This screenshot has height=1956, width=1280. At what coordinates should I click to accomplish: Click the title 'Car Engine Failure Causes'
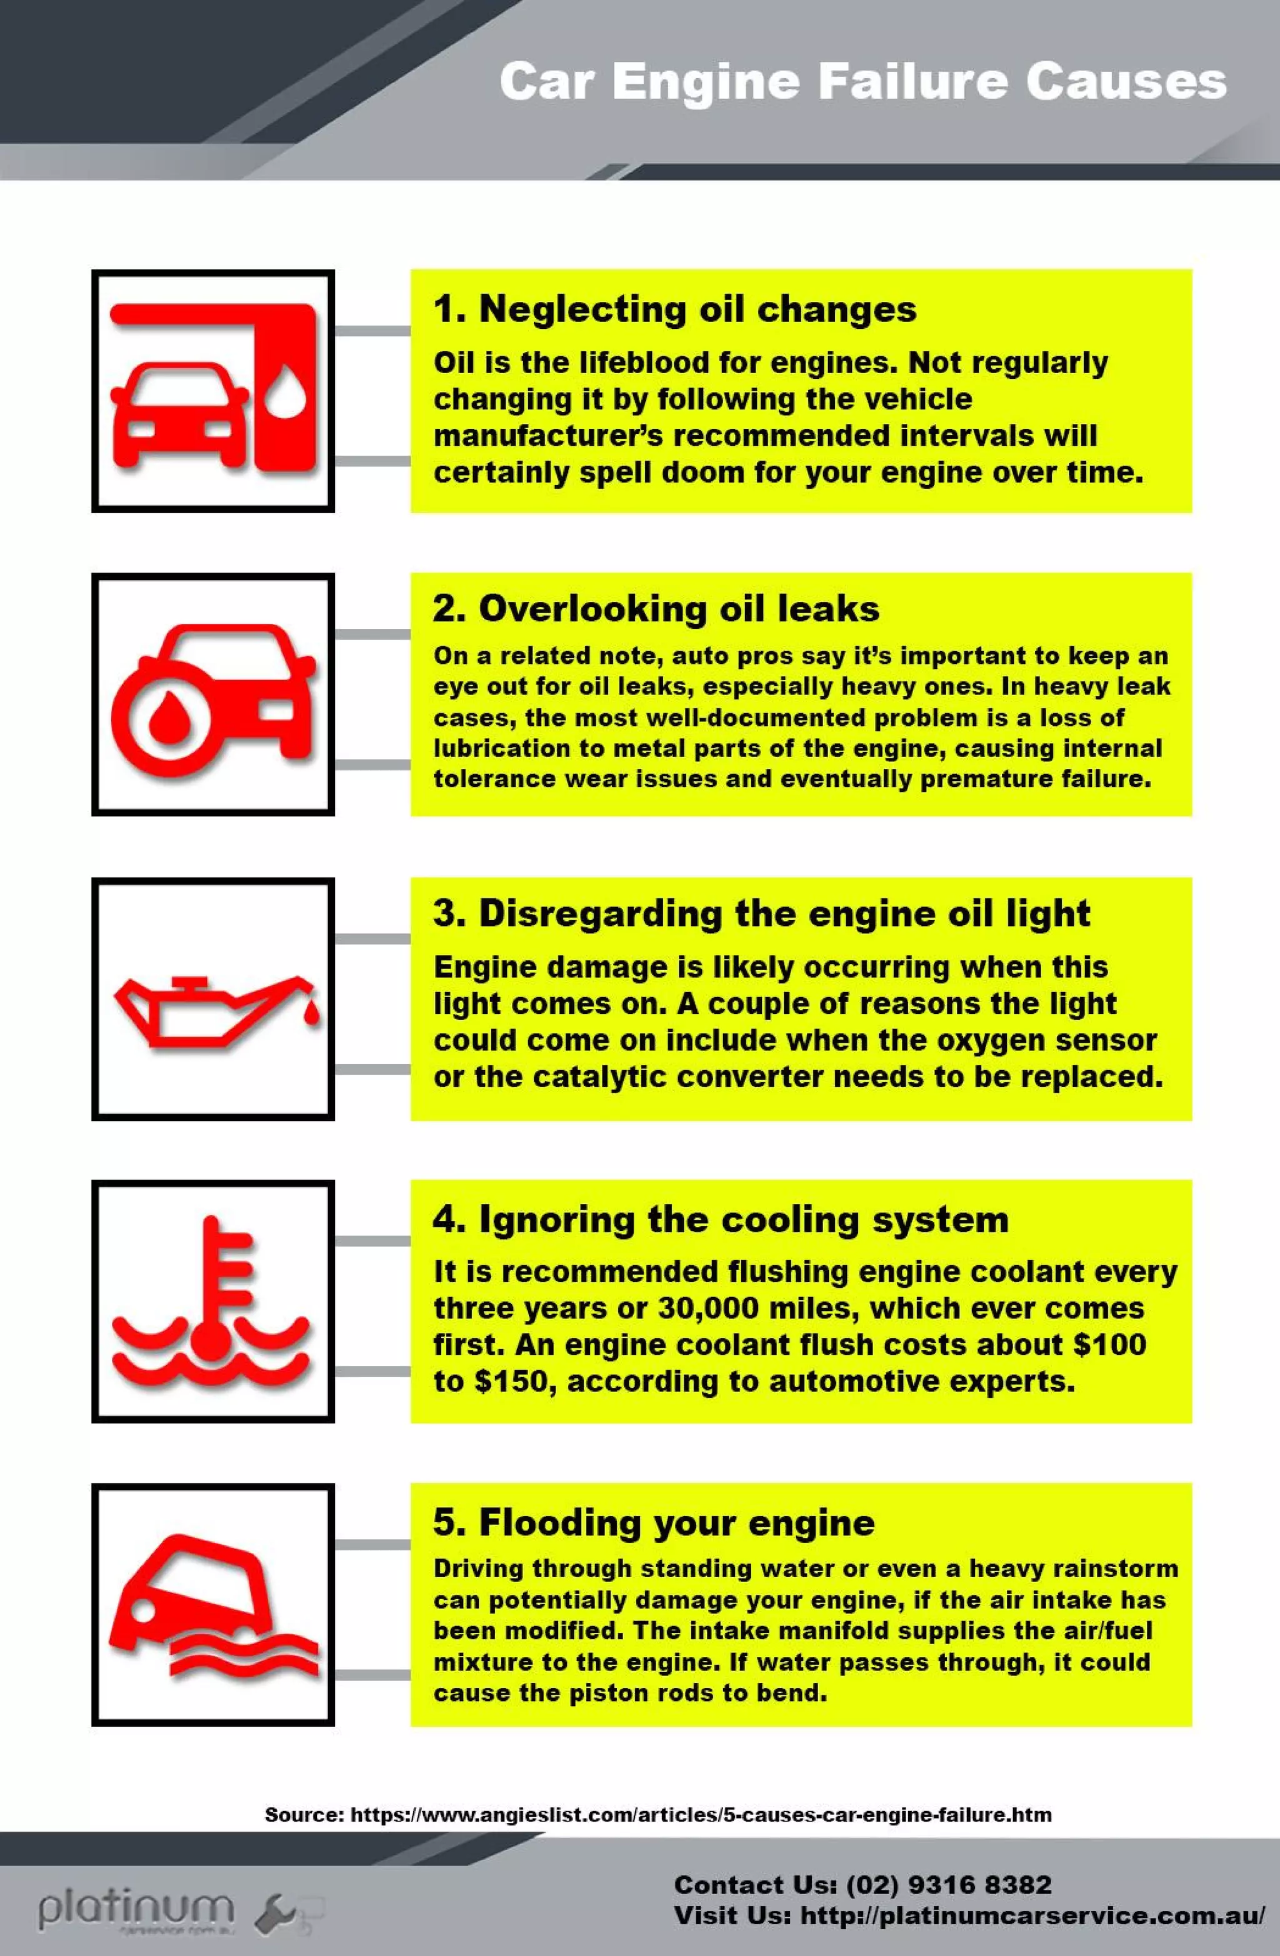pyautogui.click(x=862, y=82)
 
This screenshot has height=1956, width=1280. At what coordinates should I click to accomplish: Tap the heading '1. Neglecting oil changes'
pyautogui.click(x=674, y=310)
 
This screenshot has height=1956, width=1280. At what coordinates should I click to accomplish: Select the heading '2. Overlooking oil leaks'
pyautogui.click(x=656, y=609)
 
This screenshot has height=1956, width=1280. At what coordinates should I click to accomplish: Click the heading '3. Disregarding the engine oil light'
pyautogui.click(x=761, y=913)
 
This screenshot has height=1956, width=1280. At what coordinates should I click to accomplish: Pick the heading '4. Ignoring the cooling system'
pyautogui.click(x=720, y=1219)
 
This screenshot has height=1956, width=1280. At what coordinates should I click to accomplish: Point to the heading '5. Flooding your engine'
pyautogui.click(x=653, y=1522)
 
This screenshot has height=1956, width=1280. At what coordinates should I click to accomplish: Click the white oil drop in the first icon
pyautogui.click(x=286, y=392)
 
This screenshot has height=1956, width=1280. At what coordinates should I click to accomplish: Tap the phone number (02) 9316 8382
pyautogui.click(x=948, y=1885)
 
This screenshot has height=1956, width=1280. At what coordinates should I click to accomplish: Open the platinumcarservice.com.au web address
pyautogui.click(x=1032, y=1916)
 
